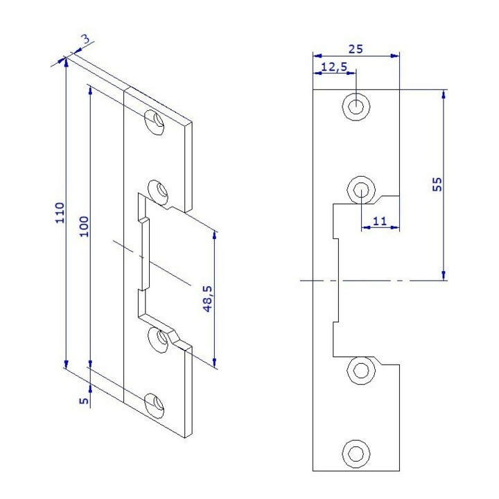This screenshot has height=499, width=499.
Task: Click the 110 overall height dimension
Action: (60, 213)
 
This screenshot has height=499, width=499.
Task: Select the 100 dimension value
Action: (84, 226)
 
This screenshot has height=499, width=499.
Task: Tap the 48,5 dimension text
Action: (207, 299)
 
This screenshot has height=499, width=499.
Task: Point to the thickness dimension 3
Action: (86, 39)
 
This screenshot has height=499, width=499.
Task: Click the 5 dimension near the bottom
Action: (84, 400)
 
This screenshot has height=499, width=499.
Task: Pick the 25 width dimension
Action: (356, 49)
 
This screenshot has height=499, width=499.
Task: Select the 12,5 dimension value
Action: (334, 67)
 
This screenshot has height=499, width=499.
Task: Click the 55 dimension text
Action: (437, 184)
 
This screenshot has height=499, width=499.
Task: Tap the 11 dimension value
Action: (379, 220)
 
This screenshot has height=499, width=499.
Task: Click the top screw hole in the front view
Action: (356, 106)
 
